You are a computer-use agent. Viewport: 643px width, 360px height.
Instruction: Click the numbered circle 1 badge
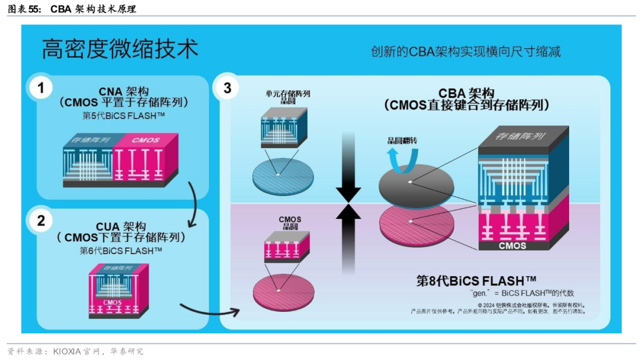tap(40, 89)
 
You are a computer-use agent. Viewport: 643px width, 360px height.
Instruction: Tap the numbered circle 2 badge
tap(40, 221)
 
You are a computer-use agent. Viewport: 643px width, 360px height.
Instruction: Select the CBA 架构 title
tap(466, 93)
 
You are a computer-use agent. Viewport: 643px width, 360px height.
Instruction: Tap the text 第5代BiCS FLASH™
tap(123, 116)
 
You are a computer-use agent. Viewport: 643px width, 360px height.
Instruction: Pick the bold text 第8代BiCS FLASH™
tap(476, 281)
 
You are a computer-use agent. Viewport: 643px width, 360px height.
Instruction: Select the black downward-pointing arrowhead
tap(348, 194)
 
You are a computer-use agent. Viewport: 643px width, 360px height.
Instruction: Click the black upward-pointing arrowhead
tap(348, 213)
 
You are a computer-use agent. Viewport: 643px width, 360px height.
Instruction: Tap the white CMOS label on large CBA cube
tap(511, 245)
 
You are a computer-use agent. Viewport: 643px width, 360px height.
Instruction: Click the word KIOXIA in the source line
tap(66, 352)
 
